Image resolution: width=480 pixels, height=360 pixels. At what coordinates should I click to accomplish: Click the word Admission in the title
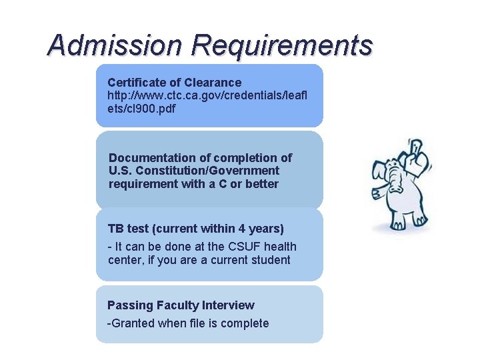click(x=114, y=46)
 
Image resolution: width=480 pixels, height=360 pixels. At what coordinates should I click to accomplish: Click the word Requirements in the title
click(x=281, y=46)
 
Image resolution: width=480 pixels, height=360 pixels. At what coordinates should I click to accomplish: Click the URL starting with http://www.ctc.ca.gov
click(x=207, y=95)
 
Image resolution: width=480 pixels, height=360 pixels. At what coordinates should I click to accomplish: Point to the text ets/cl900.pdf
click(x=141, y=109)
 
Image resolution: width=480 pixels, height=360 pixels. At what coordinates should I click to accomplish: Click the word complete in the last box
click(x=245, y=323)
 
